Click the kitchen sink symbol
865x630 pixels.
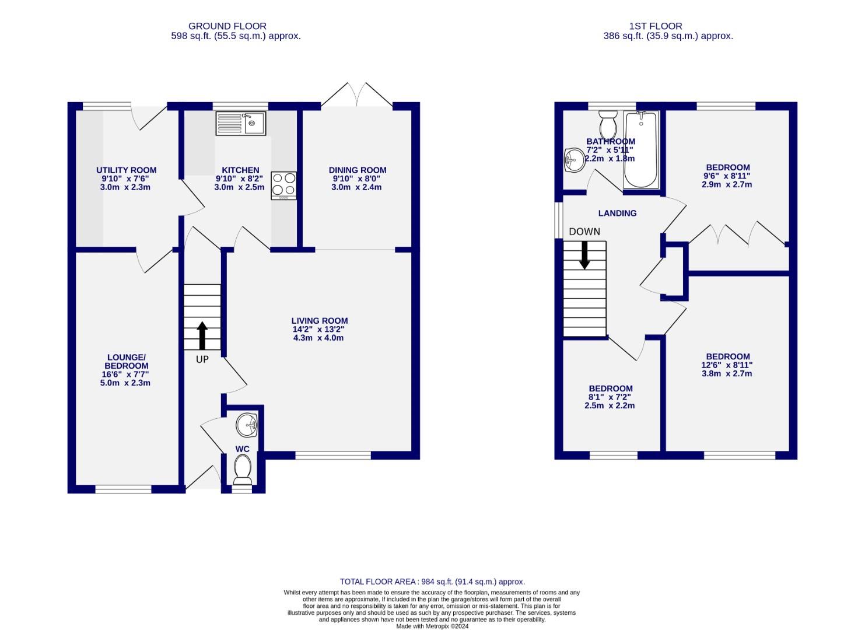240,124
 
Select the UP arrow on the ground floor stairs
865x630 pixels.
202,335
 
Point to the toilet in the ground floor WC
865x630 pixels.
242,469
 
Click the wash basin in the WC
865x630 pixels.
247,424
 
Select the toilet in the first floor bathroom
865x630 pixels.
608,123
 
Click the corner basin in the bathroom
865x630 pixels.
574,159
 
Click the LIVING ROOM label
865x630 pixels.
320,321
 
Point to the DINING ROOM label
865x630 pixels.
358,170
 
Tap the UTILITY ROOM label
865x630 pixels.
126,170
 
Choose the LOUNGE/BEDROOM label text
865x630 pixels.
126,362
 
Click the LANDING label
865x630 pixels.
617,213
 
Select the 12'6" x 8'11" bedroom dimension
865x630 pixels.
727,365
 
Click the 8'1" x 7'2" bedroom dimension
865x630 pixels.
610,397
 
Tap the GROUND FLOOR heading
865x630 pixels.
227,26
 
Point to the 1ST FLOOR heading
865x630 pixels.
655,26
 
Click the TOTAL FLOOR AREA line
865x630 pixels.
432,582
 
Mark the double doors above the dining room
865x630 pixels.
356,95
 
